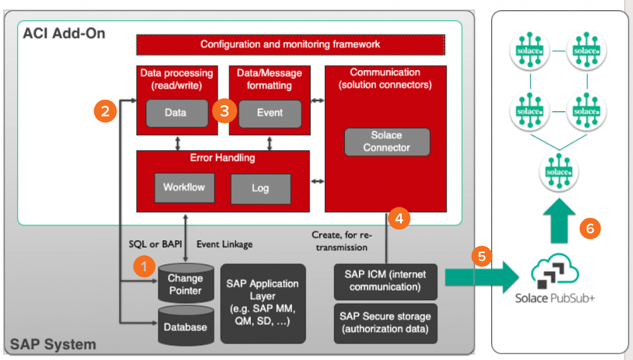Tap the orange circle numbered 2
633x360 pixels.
105,112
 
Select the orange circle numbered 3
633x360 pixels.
225,112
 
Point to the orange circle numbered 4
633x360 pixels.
399,218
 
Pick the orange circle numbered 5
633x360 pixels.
481,256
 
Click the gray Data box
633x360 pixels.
177,113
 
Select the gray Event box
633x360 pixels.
270,113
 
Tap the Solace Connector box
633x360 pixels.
387,142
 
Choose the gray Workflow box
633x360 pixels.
184,187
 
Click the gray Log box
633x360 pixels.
260,189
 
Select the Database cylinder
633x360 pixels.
185,325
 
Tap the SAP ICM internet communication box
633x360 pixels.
385,281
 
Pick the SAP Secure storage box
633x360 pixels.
385,323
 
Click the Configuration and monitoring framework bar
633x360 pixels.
291,44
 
